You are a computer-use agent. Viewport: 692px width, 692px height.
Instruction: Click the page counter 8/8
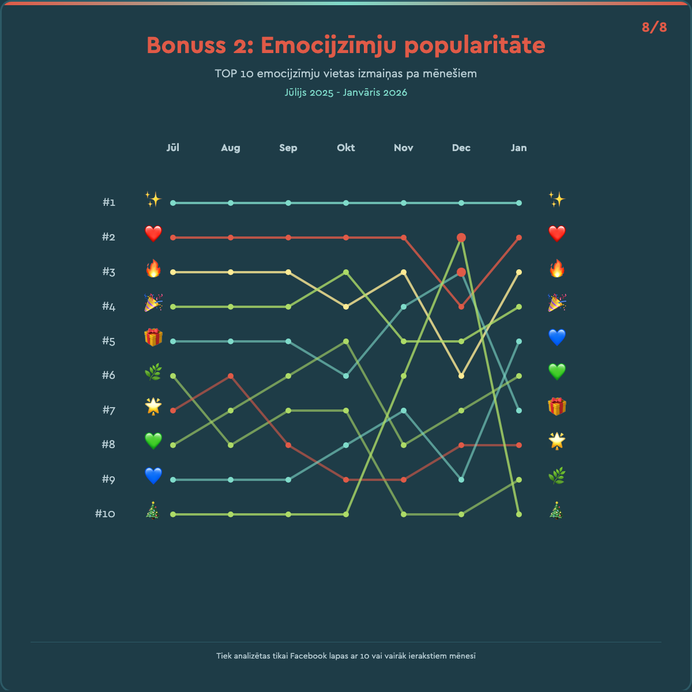(654, 27)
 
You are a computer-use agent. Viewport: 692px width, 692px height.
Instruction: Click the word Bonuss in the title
(186, 45)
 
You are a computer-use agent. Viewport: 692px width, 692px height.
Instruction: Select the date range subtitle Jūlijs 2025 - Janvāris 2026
(346, 92)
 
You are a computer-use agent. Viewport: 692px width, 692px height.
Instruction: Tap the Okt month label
(346, 148)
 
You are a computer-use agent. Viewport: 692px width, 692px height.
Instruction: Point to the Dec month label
(461, 148)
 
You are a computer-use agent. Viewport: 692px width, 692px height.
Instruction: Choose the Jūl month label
(173, 148)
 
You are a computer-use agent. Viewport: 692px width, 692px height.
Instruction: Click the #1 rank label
(109, 202)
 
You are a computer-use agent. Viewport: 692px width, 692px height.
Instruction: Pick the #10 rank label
(105, 514)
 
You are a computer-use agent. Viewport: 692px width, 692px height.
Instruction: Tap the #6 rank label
(109, 375)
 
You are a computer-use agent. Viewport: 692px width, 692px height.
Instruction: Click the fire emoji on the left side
(153, 269)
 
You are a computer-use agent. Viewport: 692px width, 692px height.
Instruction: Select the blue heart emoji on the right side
(556, 337)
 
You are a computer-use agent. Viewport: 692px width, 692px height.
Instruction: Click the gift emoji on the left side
(153, 337)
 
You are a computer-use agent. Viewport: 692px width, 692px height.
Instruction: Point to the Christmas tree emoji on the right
(556, 510)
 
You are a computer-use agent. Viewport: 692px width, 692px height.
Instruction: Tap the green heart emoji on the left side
(153, 441)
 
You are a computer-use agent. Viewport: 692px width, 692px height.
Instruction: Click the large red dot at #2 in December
(461, 238)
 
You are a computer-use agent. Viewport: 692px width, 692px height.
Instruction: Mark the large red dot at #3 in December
(461, 272)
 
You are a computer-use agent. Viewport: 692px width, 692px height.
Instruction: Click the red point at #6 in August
(231, 376)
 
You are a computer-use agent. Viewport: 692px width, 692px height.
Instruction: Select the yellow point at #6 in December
(461, 376)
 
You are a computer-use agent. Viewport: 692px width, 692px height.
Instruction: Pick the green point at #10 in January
(519, 514)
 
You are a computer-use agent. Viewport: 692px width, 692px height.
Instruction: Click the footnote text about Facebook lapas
(346, 656)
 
